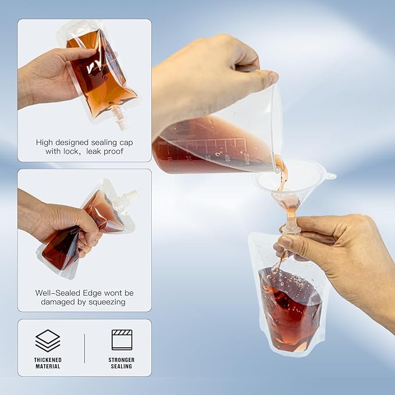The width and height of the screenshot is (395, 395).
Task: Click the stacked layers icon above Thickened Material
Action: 48,340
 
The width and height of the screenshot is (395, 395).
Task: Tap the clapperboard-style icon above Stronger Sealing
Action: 122,340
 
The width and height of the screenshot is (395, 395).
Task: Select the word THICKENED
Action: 48,360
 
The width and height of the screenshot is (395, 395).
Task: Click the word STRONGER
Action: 122,360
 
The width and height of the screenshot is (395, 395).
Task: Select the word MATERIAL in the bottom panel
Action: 48,367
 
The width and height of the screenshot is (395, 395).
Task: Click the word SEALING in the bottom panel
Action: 122,367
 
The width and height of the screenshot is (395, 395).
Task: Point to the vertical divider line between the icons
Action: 84,348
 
